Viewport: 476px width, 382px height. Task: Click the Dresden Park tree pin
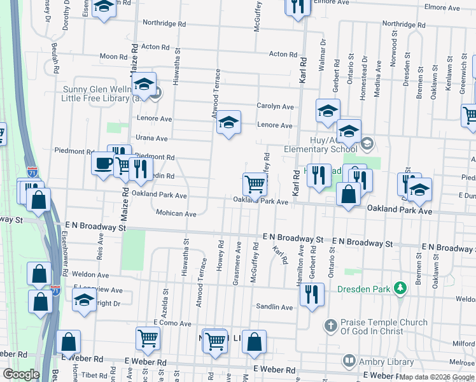pos(400,288)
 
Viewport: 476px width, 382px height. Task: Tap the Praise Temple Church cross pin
pos(330,326)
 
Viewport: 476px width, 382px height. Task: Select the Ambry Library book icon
pos(349,361)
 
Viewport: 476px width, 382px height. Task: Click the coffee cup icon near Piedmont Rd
pos(102,163)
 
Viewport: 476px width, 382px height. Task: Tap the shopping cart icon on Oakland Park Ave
pos(255,184)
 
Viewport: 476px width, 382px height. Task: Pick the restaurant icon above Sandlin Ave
pos(311,294)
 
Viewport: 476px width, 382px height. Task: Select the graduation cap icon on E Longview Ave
pos(83,299)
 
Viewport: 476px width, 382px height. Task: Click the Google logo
pos(21,374)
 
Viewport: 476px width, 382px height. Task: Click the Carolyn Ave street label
pos(275,106)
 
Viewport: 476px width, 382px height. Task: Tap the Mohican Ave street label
pos(176,214)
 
